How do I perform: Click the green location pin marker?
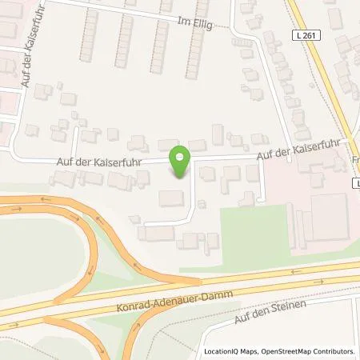(181, 162)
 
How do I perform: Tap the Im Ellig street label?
(197, 24)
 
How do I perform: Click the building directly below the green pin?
(172, 198)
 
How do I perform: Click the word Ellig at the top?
(202, 24)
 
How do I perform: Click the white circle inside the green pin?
(181, 157)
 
